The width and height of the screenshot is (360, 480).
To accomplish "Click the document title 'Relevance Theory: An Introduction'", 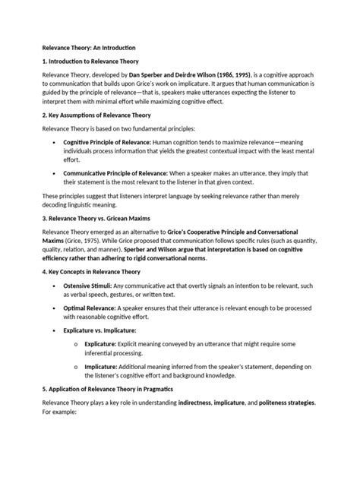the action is (x=84, y=46).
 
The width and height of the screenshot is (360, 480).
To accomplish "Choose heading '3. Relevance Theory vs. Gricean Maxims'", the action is (x=94, y=218).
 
